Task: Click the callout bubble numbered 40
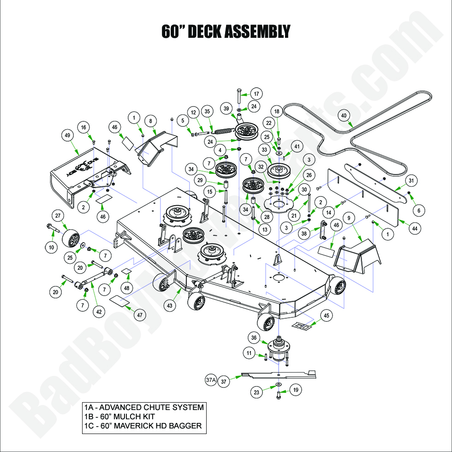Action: click(343, 115)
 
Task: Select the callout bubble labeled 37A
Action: click(210, 381)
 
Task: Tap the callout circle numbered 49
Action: click(68, 135)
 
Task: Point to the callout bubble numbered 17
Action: click(256, 94)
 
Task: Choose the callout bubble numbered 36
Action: click(253, 338)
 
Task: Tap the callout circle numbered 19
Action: click(296, 390)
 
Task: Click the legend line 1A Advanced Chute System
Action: click(143, 407)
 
